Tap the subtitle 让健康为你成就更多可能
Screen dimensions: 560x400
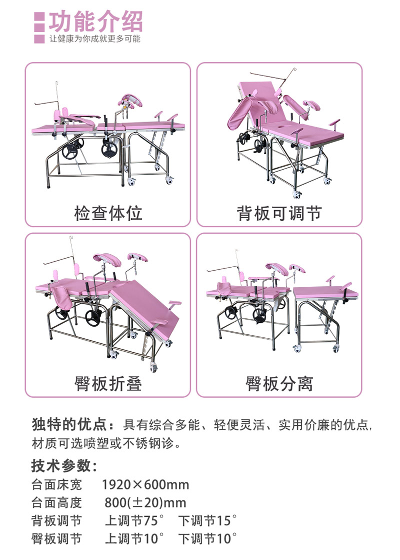(x=94, y=39)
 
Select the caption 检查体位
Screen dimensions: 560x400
(x=108, y=213)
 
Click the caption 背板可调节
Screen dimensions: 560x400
(x=278, y=213)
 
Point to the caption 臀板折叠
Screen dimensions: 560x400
(x=108, y=383)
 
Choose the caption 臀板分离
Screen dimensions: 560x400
(x=278, y=383)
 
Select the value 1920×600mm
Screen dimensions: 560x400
(x=145, y=484)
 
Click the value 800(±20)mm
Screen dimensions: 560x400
(x=145, y=502)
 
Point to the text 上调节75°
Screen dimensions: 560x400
(x=134, y=520)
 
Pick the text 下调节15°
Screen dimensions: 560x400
(x=207, y=520)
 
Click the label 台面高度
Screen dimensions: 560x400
(x=56, y=502)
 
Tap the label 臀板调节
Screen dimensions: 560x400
(x=56, y=538)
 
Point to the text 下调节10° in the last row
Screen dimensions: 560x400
(x=207, y=538)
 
